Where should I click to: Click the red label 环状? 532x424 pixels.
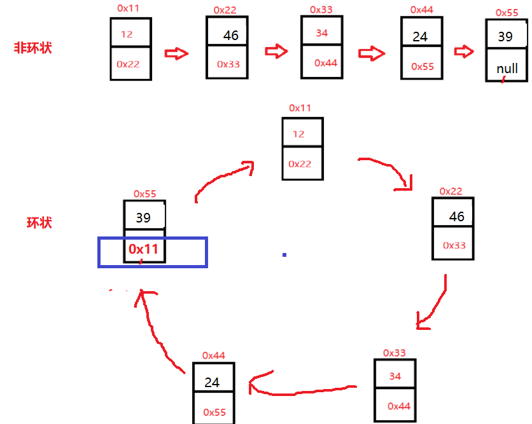click(39, 222)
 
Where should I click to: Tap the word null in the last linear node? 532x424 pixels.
click(507, 68)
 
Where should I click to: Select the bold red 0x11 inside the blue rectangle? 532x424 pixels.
click(143, 249)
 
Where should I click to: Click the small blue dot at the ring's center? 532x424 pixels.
click(284, 255)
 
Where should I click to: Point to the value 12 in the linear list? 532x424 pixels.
click(127, 34)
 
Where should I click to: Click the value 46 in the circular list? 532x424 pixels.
click(457, 217)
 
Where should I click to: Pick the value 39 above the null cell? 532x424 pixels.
click(505, 37)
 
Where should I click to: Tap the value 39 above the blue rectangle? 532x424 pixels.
click(143, 218)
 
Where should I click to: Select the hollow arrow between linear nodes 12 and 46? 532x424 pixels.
click(177, 53)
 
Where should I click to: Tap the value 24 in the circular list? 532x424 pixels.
click(212, 383)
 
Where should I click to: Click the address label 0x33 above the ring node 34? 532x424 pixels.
click(395, 353)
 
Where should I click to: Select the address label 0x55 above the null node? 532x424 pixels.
click(505, 12)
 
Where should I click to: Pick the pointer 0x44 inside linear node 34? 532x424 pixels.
click(325, 63)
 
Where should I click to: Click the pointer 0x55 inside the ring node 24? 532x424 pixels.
click(214, 413)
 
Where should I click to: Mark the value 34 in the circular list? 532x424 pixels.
click(395, 376)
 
